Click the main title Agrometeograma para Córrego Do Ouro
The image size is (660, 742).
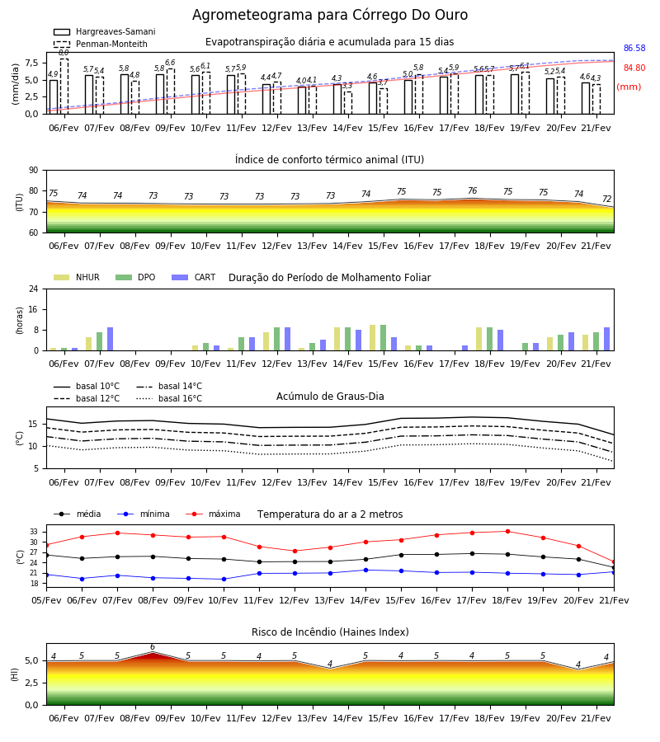coord(329,15)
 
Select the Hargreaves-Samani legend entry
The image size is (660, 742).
coord(104,31)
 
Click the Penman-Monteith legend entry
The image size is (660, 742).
coord(101,44)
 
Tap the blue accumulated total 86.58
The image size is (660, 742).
coord(634,49)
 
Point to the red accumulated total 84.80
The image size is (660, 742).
coord(634,68)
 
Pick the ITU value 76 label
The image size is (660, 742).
coord(472,190)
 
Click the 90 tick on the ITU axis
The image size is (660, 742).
coord(34,171)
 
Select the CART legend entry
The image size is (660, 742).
coord(193,277)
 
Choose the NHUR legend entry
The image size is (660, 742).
coord(76,277)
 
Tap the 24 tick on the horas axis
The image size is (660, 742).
coord(34,289)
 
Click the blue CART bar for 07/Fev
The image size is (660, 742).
coord(110,339)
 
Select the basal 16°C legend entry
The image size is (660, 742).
coord(168,398)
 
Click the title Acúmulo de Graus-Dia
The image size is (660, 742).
coord(330,397)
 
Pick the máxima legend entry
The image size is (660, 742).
coord(213,514)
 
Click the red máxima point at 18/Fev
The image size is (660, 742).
coord(507,532)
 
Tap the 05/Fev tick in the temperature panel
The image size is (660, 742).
coord(46,600)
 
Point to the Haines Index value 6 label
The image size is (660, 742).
coord(153,647)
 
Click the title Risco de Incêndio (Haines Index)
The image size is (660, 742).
coord(330,632)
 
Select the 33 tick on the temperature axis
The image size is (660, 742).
coord(34,532)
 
